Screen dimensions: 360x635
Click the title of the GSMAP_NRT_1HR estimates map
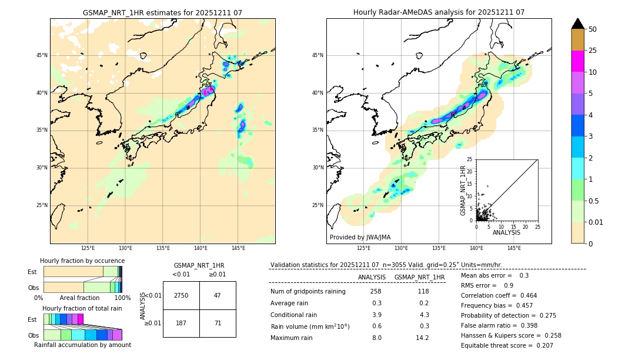click(162, 12)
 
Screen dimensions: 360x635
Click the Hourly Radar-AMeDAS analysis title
click(439, 12)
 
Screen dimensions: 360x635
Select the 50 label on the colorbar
click(593, 29)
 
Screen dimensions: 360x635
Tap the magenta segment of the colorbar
click(578, 61)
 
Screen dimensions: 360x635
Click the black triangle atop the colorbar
click(578, 24)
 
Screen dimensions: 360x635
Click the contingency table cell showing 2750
click(181, 295)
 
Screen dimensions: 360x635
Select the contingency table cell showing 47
click(218, 295)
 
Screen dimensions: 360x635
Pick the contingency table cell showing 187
click(181, 323)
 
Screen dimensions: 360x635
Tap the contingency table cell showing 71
click(218, 323)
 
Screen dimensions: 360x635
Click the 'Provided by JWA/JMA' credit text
click(360, 237)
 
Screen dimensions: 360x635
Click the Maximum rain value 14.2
click(422, 338)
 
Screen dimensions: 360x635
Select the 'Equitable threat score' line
click(507, 345)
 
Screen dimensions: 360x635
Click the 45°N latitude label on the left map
click(42, 55)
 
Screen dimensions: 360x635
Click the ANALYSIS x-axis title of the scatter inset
click(506, 232)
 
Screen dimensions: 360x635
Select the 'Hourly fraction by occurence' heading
click(82, 261)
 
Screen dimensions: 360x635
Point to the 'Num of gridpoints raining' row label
click(308, 291)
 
